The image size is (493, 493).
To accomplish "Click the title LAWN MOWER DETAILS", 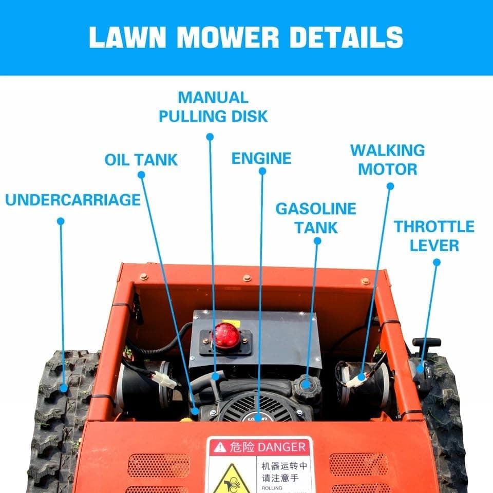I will [246, 37].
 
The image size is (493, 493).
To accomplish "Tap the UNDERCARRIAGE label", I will [73, 200].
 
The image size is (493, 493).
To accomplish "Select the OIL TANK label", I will [141, 160].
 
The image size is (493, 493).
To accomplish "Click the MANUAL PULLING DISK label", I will [213, 107].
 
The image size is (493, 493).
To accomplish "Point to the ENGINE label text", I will [261, 158].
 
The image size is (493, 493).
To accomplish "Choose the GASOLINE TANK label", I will [316, 218].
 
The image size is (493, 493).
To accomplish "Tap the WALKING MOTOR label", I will [388, 160].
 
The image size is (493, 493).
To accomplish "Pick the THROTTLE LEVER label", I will [434, 236].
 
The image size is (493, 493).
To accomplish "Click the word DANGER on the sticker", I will [282, 447].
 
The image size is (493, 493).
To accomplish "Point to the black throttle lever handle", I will [426, 342].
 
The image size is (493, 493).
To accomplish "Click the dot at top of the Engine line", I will [262, 171].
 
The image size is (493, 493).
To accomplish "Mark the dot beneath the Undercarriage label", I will [61, 221].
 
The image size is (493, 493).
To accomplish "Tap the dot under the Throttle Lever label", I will [437, 262].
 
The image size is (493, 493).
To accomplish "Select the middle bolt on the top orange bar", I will [247, 278].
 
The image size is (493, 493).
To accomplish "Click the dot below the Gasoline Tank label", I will [317, 240].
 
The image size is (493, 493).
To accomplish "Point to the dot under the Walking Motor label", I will [390, 186].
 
